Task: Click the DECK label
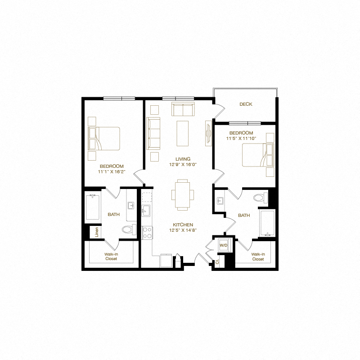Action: tap(246, 104)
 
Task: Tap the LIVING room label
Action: tap(183, 159)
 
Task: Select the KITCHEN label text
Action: tap(183, 225)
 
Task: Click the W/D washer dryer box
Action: tap(224, 245)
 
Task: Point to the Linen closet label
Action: tap(97, 232)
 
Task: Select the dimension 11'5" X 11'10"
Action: tap(241, 139)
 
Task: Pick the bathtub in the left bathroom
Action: tap(92, 207)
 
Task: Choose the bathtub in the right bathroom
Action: tap(267, 223)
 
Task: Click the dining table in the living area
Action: tap(183, 194)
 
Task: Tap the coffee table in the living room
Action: tap(183, 133)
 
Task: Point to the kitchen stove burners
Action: tap(147, 232)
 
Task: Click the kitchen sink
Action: tap(146, 211)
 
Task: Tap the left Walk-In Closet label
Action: tap(111, 256)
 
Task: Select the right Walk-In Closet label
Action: tap(258, 256)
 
